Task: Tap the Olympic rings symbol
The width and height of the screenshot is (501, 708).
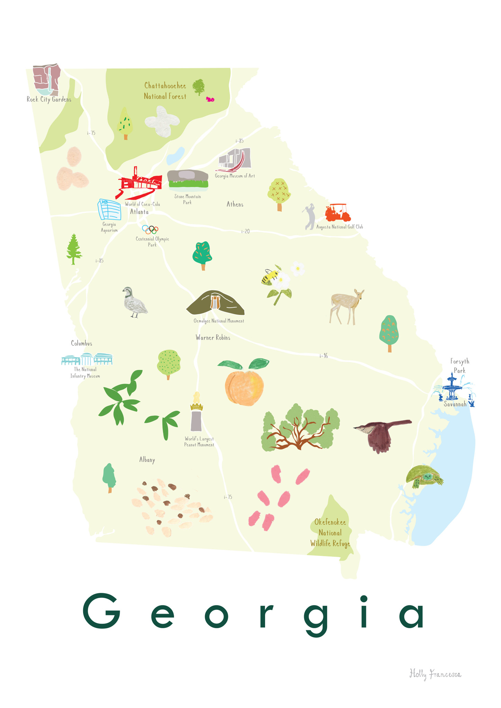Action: click(x=150, y=230)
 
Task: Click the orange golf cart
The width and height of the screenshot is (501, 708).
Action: click(x=338, y=213)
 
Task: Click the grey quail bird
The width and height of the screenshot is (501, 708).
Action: click(x=135, y=302)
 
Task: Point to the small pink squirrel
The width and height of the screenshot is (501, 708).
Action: click(x=210, y=99)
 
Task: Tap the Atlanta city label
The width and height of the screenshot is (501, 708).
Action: click(x=139, y=212)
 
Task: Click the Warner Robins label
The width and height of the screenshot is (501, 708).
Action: click(x=213, y=337)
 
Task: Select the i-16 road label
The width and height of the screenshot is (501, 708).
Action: click(x=324, y=356)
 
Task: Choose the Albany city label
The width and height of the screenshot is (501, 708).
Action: click(x=147, y=460)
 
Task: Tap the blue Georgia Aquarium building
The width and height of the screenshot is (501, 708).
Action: click(x=110, y=209)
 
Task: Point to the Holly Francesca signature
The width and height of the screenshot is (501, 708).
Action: click(x=435, y=674)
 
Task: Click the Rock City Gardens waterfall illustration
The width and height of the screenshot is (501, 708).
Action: click(x=47, y=80)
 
